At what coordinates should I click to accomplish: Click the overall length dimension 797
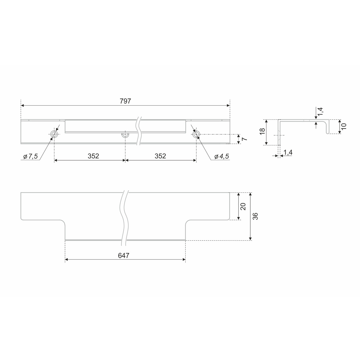coord(125,101)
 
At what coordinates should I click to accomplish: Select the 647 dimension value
coord(124,256)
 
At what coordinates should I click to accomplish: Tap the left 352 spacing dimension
coord(93,156)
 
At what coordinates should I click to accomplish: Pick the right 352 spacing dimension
coord(160,156)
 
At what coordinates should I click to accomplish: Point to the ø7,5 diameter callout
coord(31,157)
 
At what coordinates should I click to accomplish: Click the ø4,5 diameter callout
coord(222,157)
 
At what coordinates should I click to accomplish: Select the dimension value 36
coord(255,216)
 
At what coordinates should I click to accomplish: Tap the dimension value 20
coord(243,206)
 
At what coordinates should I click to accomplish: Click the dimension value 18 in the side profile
coord(262,131)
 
